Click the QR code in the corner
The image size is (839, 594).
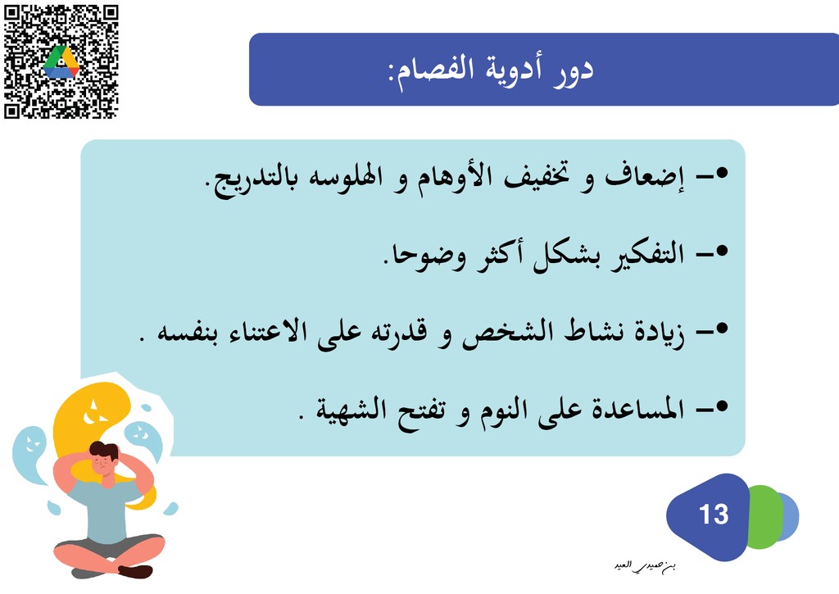(x=61, y=61)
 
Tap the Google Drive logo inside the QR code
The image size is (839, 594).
(x=61, y=62)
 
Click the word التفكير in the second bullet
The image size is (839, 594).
(x=648, y=255)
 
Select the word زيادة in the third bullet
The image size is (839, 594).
(x=660, y=333)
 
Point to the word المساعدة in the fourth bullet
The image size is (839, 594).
(x=637, y=409)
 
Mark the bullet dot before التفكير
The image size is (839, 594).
(x=722, y=251)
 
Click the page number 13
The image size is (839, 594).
(x=714, y=515)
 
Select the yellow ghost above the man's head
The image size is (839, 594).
(x=91, y=423)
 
